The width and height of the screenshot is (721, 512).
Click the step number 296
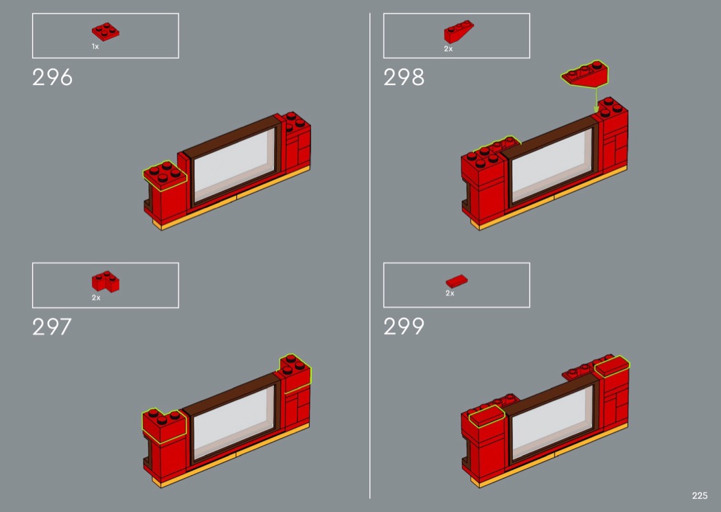[x=52, y=78]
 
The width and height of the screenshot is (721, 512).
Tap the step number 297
[x=51, y=327]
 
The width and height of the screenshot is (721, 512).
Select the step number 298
[x=403, y=78]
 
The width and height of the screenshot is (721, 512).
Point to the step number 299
[x=403, y=326]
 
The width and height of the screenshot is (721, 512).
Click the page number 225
[x=700, y=496]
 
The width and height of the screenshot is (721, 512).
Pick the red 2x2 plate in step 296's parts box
[x=105, y=32]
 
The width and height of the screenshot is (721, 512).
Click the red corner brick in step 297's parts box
[x=105, y=281]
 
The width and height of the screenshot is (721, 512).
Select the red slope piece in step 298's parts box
[x=459, y=32]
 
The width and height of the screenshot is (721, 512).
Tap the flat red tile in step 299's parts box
[x=457, y=281]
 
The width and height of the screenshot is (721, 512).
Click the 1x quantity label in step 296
[x=95, y=47]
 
